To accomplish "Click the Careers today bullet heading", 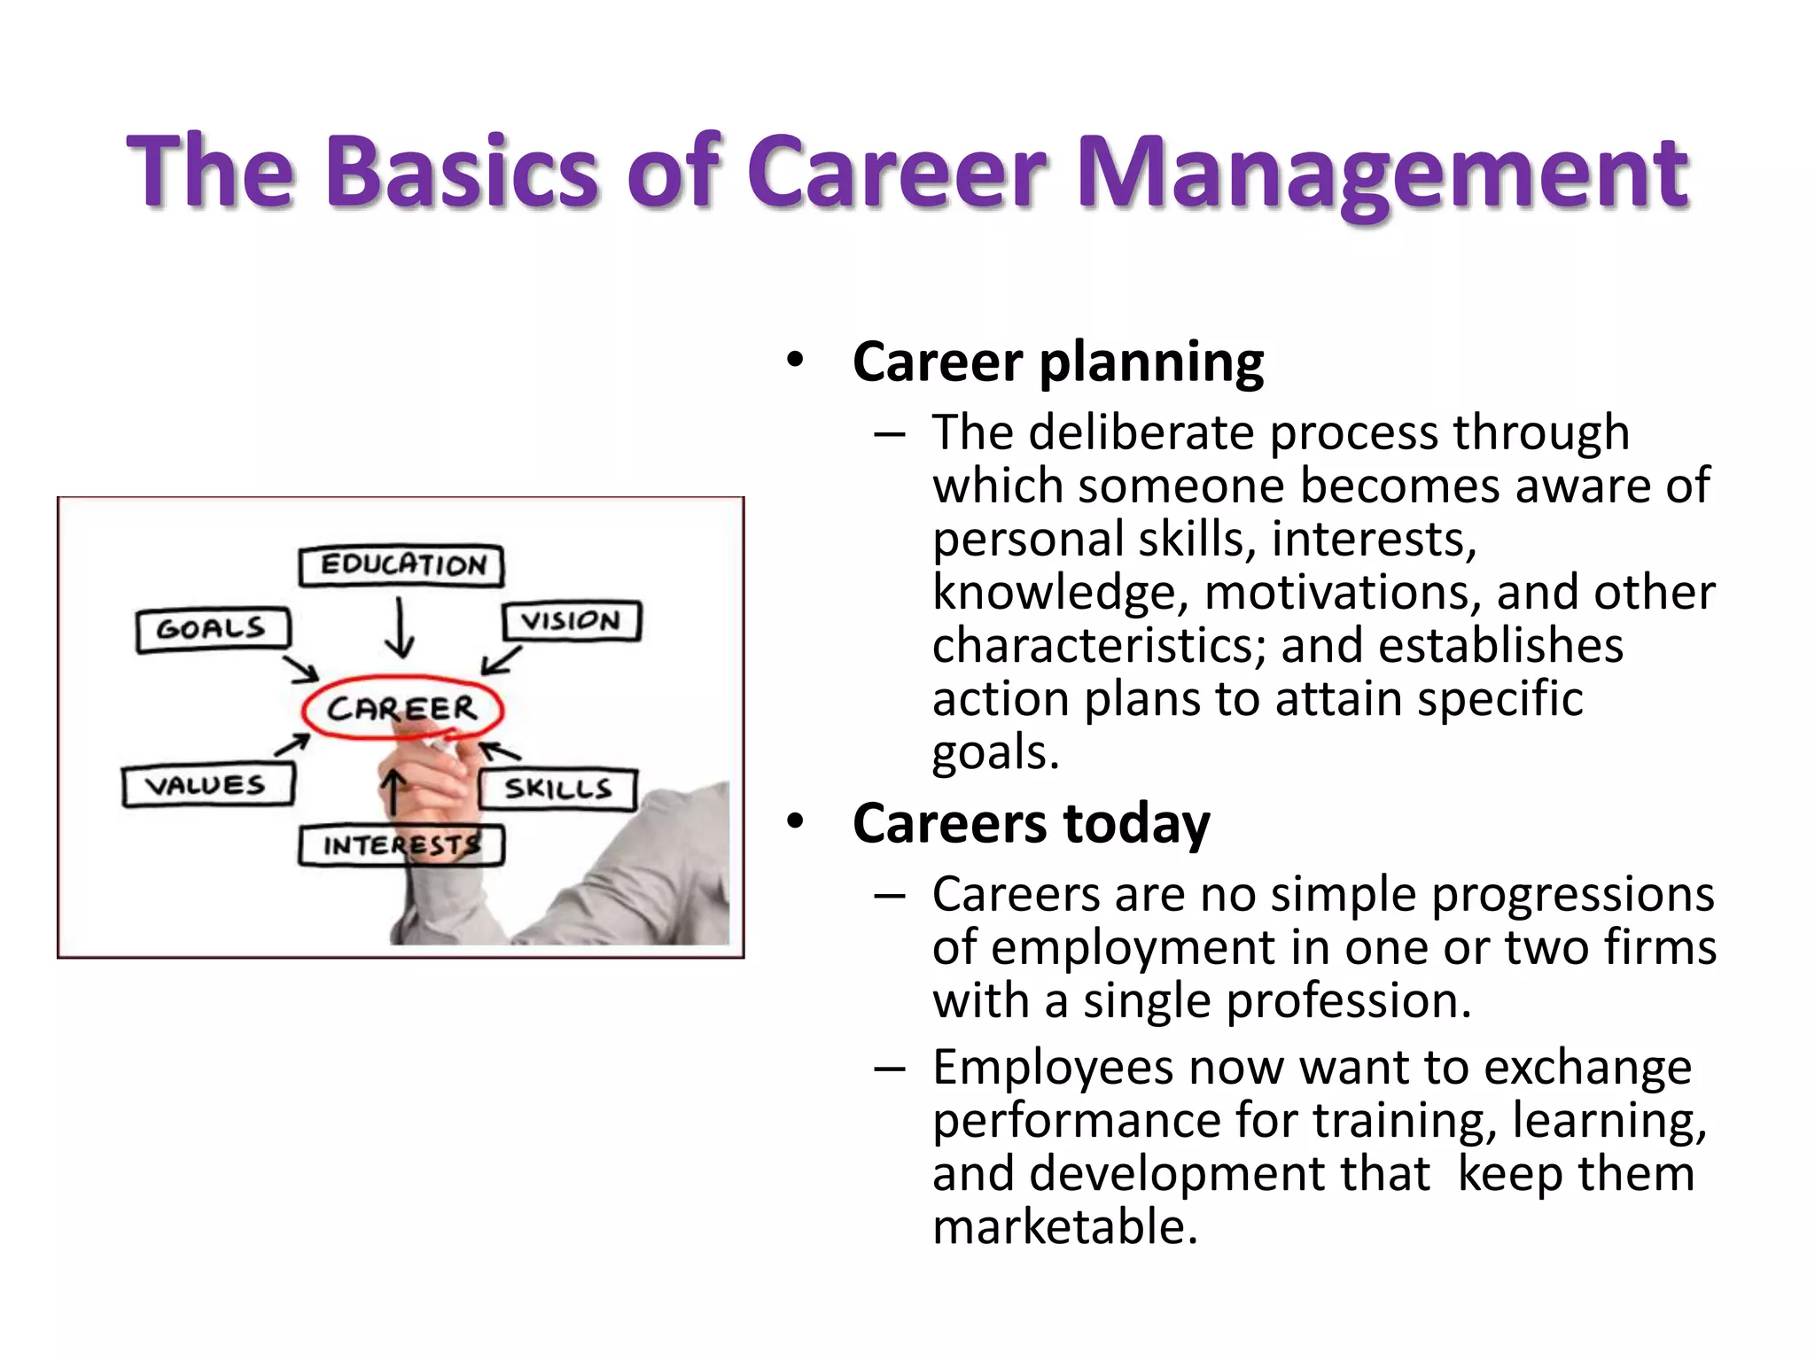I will click(x=1031, y=823).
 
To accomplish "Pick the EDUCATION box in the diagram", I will click(x=401, y=565).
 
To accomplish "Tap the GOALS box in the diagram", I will click(x=213, y=629).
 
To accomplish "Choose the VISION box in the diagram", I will click(x=572, y=620).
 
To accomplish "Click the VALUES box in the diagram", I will click(x=207, y=785).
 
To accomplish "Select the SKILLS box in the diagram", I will click(x=558, y=789).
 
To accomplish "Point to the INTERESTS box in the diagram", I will click(x=401, y=845).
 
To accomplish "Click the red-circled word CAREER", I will click(x=402, y=708).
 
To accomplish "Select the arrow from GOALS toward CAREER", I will click(x=301, y=670).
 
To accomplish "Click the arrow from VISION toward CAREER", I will click(x=501, y=661).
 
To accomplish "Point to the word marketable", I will click(x=1065, y=1227).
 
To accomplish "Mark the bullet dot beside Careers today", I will click(x=795, y=822).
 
